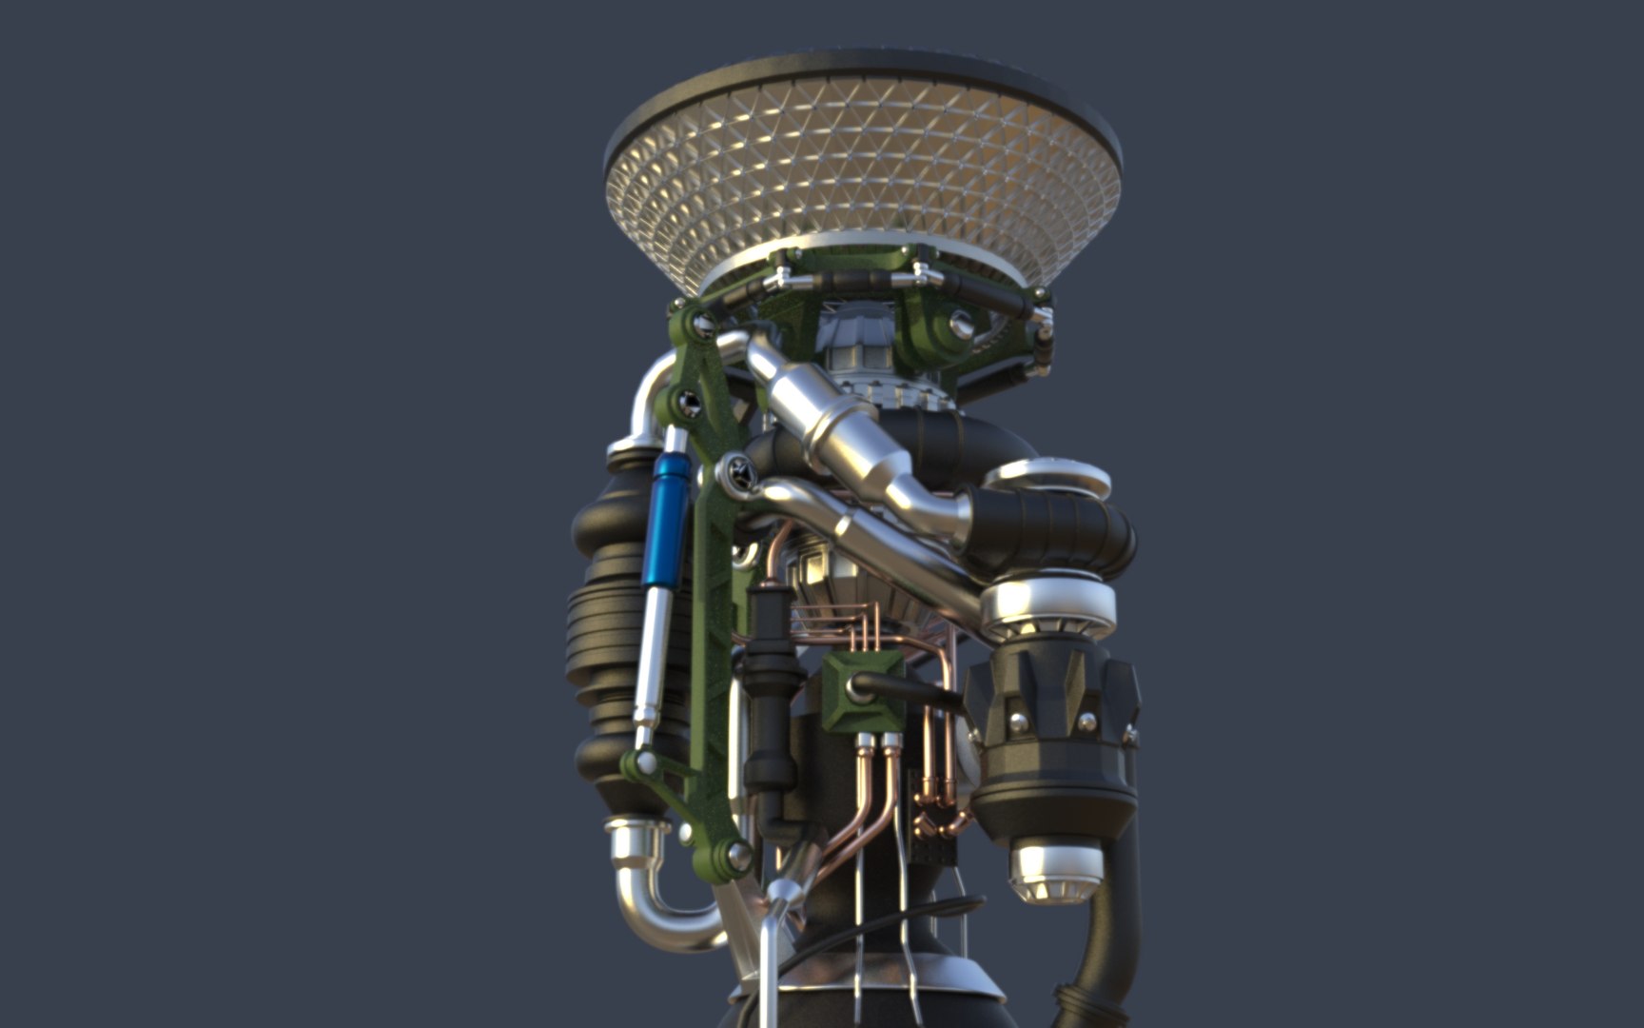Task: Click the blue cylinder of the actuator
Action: pos(669,519)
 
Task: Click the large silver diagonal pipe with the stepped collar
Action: pos(837,419)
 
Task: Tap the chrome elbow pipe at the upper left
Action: pos(647,400)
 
